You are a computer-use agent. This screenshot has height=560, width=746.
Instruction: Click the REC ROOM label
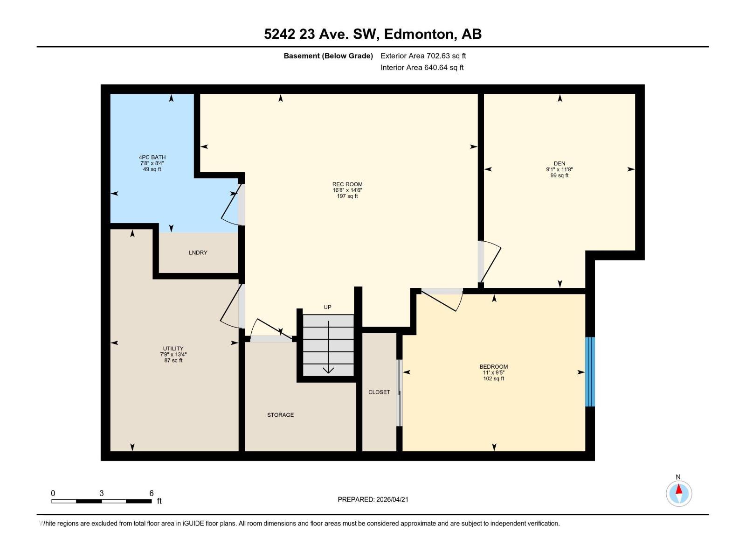point(347,184)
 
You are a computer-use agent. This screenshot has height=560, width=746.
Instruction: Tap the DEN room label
point(559,164)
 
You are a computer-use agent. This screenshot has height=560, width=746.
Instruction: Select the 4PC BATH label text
point(152,157)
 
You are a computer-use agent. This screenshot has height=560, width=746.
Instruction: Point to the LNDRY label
point(198,252)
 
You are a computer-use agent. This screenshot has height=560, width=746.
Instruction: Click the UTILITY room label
point(173,349)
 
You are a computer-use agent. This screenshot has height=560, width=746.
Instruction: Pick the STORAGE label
point(280,415)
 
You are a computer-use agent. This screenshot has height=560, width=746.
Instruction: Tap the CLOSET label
point(379,392)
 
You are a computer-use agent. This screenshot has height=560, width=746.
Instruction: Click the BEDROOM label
point(493,367)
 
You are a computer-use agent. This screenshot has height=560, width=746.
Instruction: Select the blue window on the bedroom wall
point(590,371)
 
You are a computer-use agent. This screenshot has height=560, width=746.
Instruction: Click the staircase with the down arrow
point(328,345)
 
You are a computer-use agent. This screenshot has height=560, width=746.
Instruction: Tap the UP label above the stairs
point(327,307)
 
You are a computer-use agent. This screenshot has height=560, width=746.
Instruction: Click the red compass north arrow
point(679,490)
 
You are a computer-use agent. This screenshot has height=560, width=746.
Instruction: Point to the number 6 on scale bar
point(152,493)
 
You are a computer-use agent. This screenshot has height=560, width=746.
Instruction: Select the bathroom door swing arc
point(230,206)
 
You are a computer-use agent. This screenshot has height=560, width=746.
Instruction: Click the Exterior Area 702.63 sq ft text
point(423,56)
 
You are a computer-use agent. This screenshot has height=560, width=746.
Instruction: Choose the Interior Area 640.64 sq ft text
point(422,68)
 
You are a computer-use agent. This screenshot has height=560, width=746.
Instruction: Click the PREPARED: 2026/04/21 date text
point(373,499)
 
